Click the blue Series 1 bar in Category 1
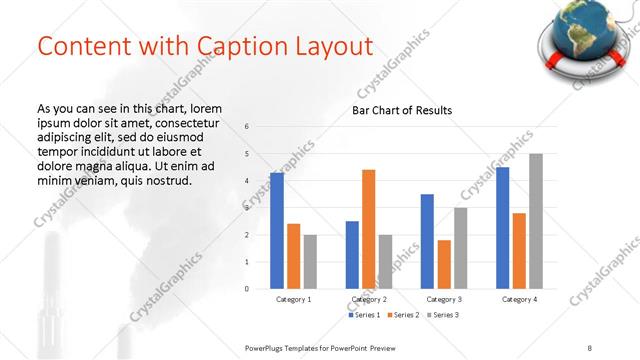coord(277,230)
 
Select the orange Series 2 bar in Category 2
coord(368,229)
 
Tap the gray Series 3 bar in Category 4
coord(535,221)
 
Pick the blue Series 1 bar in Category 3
coord(427,241)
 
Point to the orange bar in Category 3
coord(444,264)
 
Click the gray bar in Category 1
coord(310,261)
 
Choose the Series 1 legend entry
coord(363,316)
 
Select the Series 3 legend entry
coord(445,316)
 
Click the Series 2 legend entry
coord(404,316)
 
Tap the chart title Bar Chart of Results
coord(402,110)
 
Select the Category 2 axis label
coord(368,299)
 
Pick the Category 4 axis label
coord(519,299)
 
